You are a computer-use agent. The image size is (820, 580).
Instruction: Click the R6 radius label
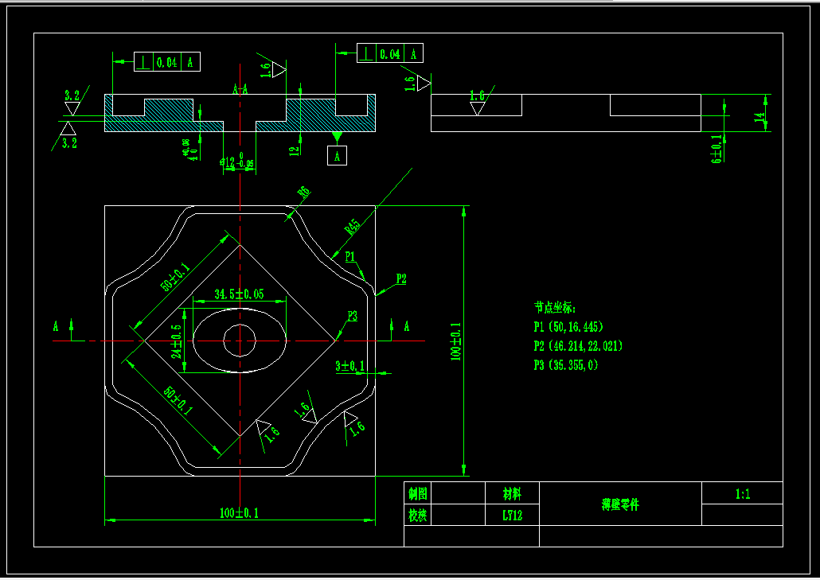click(303, 192)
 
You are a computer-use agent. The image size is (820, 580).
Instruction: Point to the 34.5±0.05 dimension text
click(238, 294)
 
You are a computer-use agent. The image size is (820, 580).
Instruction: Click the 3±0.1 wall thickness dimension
click(349, 365)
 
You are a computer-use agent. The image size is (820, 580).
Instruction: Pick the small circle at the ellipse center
click(239, 341)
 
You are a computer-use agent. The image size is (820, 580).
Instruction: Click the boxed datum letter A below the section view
click(337, 156)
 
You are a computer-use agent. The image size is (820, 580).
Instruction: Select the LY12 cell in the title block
click(512, 515)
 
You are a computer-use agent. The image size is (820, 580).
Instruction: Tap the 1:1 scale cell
click(742, 494)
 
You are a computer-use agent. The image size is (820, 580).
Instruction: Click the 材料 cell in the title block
click(512, 493)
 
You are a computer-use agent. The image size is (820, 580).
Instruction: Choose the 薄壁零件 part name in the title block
click(620, 504)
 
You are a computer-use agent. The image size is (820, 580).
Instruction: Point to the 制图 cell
click(417, 493)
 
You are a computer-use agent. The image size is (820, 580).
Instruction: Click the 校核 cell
click(417, 515)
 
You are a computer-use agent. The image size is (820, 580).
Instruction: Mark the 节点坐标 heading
click(555, 307)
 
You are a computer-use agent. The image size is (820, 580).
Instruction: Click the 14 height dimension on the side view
click(759, 116)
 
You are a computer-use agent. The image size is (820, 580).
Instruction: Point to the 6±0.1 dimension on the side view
click(717, 148)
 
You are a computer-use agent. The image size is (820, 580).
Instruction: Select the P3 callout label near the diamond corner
click(352, 316)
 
